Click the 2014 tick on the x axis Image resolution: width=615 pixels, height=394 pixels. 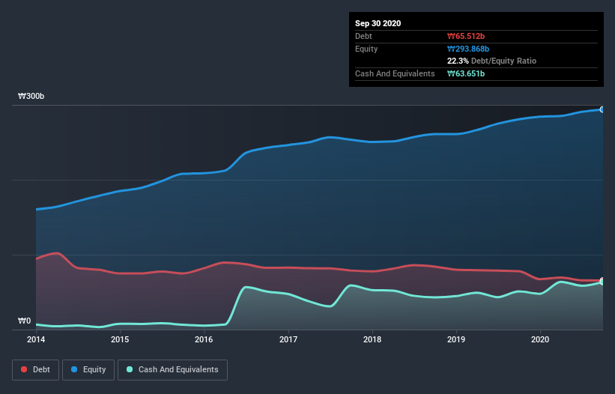35,339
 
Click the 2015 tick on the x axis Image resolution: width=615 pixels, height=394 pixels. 119,339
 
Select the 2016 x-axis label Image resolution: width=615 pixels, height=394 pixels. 203,339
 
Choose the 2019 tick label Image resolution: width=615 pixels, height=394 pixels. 455,339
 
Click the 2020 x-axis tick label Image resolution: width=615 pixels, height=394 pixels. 539,339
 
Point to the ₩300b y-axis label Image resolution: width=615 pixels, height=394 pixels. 31,97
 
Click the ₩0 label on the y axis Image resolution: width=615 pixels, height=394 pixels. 24,321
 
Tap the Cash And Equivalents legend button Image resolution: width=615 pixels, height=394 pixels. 172,369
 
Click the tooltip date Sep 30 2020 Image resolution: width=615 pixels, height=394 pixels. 378,23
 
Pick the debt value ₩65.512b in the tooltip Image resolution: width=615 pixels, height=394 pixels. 467,36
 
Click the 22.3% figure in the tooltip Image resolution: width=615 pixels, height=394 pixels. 458,61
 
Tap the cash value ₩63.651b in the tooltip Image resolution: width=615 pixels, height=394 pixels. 467,73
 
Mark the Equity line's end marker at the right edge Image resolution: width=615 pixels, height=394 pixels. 602,109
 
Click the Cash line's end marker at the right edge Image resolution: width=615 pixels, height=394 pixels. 602,282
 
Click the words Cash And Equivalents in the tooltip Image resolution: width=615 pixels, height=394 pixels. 395,73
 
